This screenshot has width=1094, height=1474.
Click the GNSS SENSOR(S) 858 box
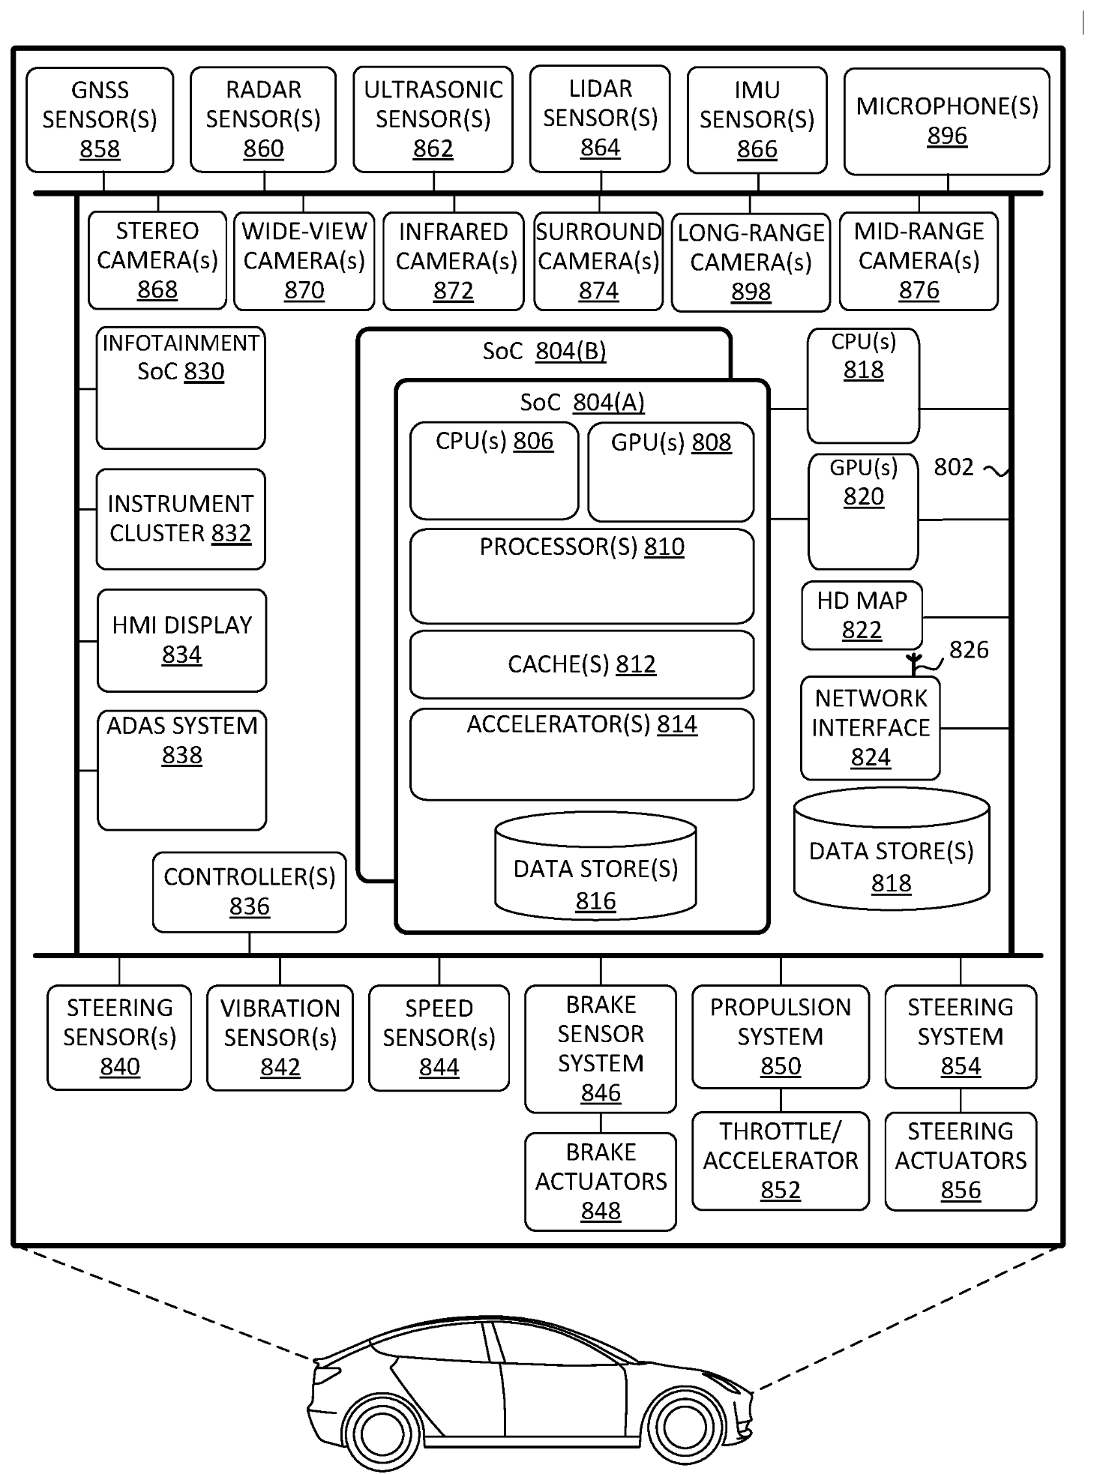100,120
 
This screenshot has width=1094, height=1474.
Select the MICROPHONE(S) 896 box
946,121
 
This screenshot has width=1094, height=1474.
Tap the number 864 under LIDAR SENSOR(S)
600,148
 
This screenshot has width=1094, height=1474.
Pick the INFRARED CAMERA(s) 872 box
453,261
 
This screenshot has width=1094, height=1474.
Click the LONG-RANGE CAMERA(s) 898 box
751,262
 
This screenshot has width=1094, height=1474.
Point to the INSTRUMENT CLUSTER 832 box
180,519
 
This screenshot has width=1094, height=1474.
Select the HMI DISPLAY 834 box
181,640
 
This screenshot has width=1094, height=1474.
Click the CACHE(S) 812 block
581,664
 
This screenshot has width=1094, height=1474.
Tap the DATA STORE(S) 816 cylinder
595,870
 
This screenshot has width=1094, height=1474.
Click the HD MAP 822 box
862,616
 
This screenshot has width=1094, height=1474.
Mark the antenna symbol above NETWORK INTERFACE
913,664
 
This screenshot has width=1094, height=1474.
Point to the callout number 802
953,468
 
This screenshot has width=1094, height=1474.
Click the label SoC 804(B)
544,351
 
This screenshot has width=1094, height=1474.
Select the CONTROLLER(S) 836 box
249,891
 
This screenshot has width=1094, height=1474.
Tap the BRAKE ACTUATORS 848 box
600,1182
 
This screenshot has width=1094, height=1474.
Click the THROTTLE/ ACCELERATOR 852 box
780,1161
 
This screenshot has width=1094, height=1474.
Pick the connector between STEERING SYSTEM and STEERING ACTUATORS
961,1100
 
